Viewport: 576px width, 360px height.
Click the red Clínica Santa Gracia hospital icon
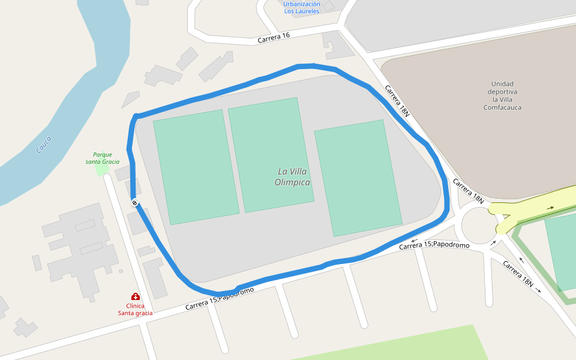pos(136,296)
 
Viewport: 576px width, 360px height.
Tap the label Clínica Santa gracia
pos(135,309)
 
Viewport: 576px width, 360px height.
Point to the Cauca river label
pos(44,145)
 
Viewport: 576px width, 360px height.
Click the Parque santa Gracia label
pos(103,158)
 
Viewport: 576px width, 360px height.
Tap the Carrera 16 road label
pos(274,37)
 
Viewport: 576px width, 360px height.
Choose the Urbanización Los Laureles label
pos(302,7)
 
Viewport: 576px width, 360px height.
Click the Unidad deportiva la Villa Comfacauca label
pos(502,95)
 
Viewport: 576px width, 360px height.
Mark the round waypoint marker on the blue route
pos(135,203)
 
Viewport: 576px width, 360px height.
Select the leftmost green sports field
pos(196,167)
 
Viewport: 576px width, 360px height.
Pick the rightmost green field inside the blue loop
pos(358,178)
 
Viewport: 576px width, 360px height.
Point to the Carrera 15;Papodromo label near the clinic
pos(219,298)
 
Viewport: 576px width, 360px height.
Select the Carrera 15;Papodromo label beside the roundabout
pos(434,245)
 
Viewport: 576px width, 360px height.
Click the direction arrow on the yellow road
pos(551,208)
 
